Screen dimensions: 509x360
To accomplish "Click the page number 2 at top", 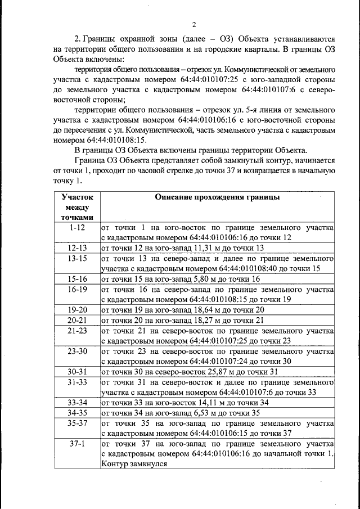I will point(193,24).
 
